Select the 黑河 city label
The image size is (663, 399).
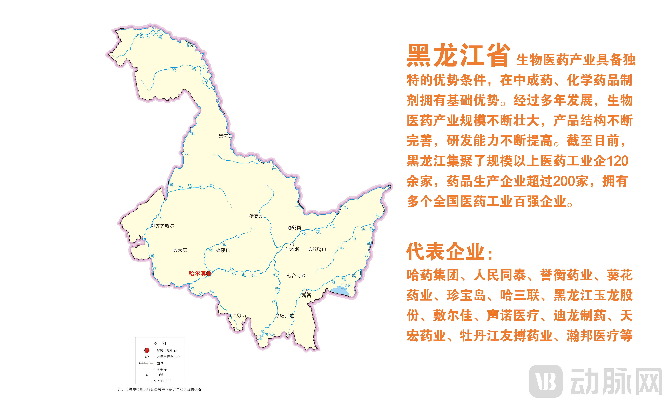tap(223, 136)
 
